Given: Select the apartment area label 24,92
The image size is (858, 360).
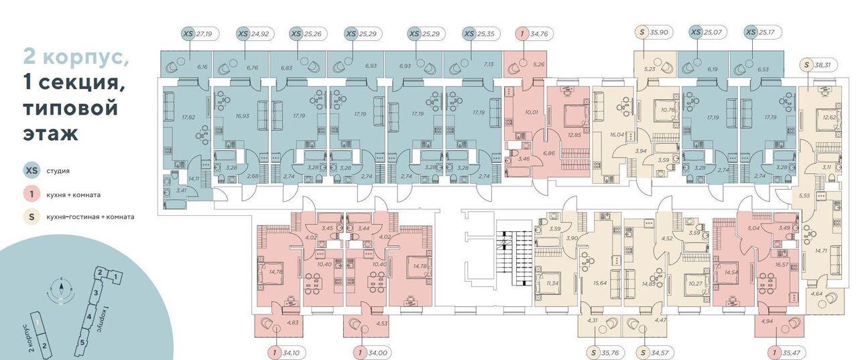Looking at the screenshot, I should (x=259, y=33).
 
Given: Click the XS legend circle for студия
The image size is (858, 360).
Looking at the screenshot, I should (x=31, y=170).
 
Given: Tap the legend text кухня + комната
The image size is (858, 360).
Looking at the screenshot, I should (x=74, y=194).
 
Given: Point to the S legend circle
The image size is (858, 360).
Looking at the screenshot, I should (x=31, y=217).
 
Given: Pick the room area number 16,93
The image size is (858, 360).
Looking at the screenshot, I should (x=243, y=115).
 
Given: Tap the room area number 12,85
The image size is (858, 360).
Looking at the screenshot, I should (x=574, y=135).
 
